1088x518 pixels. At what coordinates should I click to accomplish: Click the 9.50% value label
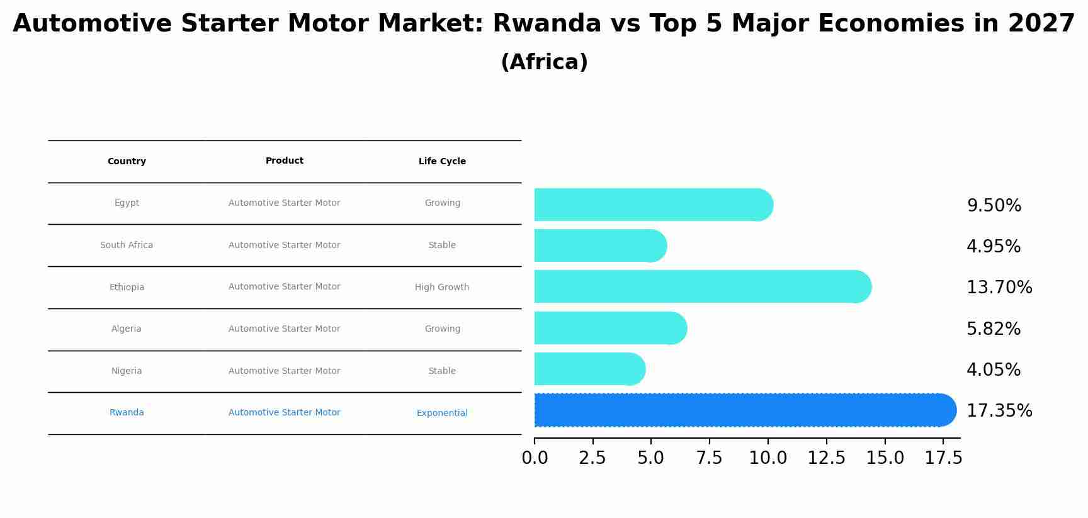coord(994,206)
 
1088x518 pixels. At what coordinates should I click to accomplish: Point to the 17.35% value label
coord(999,411)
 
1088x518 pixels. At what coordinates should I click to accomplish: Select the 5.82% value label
coord(993,329)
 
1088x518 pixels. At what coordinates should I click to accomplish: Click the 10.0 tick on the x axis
coord(768,458)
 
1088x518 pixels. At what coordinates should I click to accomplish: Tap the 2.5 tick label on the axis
coord(592,458)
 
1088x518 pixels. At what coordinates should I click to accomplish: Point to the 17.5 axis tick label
coord(943,458)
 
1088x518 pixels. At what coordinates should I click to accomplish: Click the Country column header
coord(127,162)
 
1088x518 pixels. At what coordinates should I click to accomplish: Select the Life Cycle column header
coord(442,162)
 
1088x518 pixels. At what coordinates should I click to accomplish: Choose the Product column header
coord(284,161)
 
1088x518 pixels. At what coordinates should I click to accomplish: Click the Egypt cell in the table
coord(127,203)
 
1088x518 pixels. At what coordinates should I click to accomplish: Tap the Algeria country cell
coord(126,329)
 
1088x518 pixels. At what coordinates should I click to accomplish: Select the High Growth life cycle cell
coord(441,288)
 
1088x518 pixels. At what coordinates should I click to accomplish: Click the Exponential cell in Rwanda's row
coord(441,414)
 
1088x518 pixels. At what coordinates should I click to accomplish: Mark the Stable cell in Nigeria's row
coord(441,371)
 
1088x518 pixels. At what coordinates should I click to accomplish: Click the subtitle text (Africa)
coord(544,62)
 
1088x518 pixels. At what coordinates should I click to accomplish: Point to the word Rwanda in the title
coord(547,24)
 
